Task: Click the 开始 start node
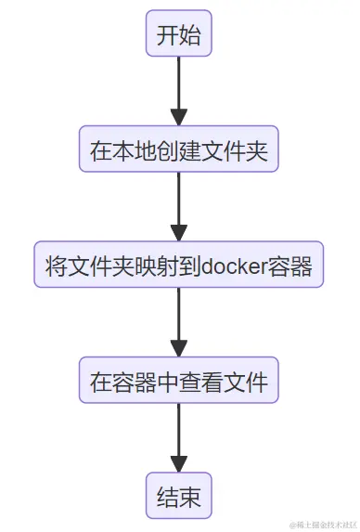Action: (179, 35)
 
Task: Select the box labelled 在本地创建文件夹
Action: (179, 150)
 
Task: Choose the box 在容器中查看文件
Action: (179, 381)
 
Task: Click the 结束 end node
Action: (179, 496)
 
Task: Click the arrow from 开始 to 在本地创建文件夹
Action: (179, 88)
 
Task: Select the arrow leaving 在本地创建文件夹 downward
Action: (179, 203)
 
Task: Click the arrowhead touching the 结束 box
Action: (179, 463)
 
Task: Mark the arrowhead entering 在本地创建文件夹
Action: (179, 118)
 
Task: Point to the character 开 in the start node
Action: (167, 35)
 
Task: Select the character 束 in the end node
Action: (190, 496)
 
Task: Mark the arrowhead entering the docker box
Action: (179, 233)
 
